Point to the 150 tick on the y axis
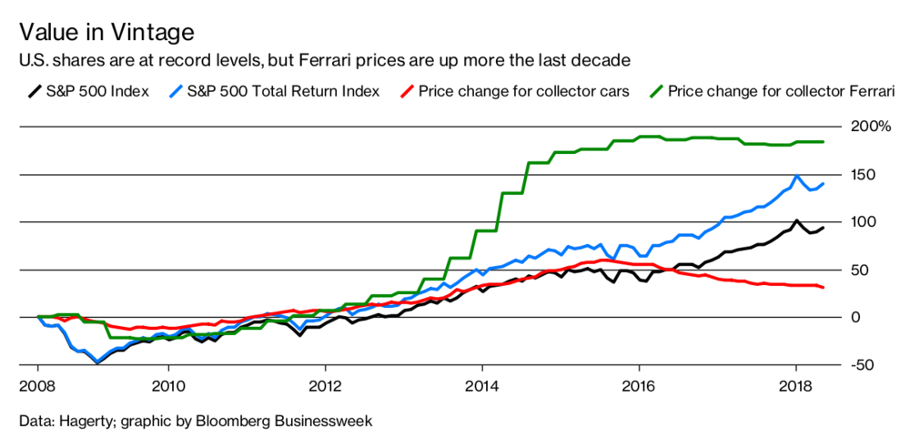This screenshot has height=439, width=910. pos(865,174)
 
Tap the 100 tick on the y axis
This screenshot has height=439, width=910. pos(865,221)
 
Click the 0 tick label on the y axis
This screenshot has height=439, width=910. pos(854,317)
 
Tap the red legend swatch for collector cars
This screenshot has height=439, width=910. pos(408,91)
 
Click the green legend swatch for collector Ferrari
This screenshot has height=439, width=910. pos(658,91)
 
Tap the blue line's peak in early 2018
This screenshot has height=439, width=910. pos(797,176)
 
